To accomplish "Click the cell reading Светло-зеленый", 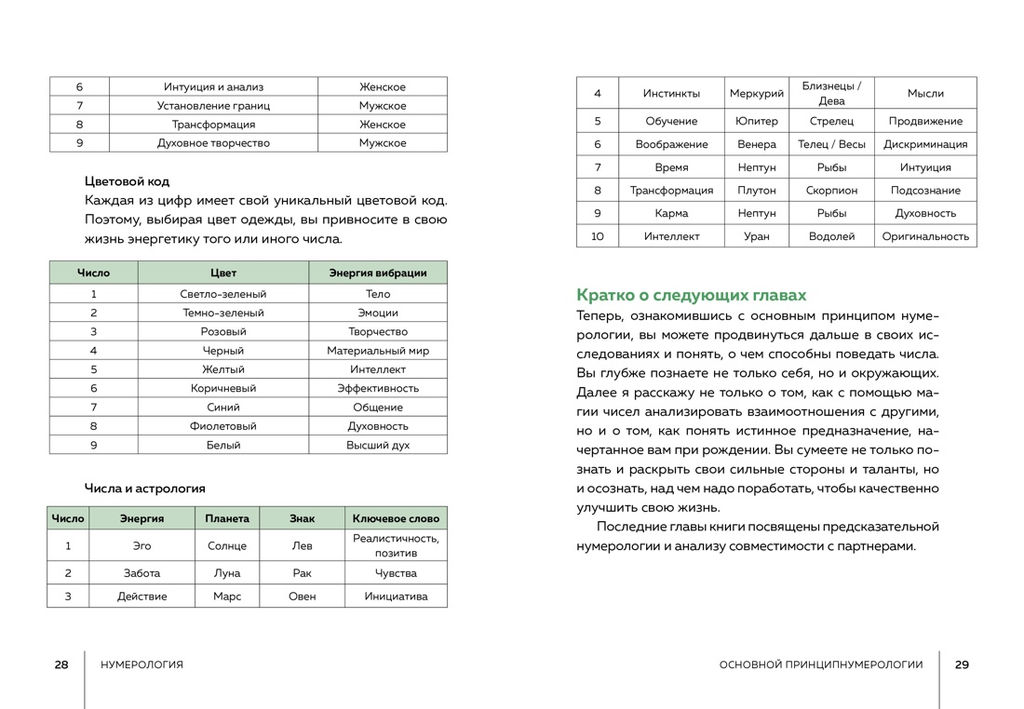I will [223, 294].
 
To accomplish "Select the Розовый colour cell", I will [223, 332].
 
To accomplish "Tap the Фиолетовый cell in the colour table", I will [223, 426].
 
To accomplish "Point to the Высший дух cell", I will [378, 445].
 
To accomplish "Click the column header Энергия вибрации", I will [378, 273].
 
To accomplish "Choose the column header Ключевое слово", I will [395, 519].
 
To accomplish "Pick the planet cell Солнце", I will [227, 546].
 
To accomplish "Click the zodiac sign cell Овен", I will [302, 597].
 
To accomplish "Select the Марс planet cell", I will [227, 597].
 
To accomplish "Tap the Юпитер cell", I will [756, 121].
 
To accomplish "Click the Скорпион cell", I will [831, 190].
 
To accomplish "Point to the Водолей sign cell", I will [831, 237].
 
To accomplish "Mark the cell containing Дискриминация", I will [925, 144].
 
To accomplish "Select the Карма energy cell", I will [671, 213].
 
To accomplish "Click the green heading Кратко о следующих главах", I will [691, 295].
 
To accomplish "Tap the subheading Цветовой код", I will [127, 182].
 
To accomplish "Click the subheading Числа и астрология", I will [145, 489].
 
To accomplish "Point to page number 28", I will [62, 665].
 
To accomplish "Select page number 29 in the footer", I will [962, 665].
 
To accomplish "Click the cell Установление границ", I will [213, 106].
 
